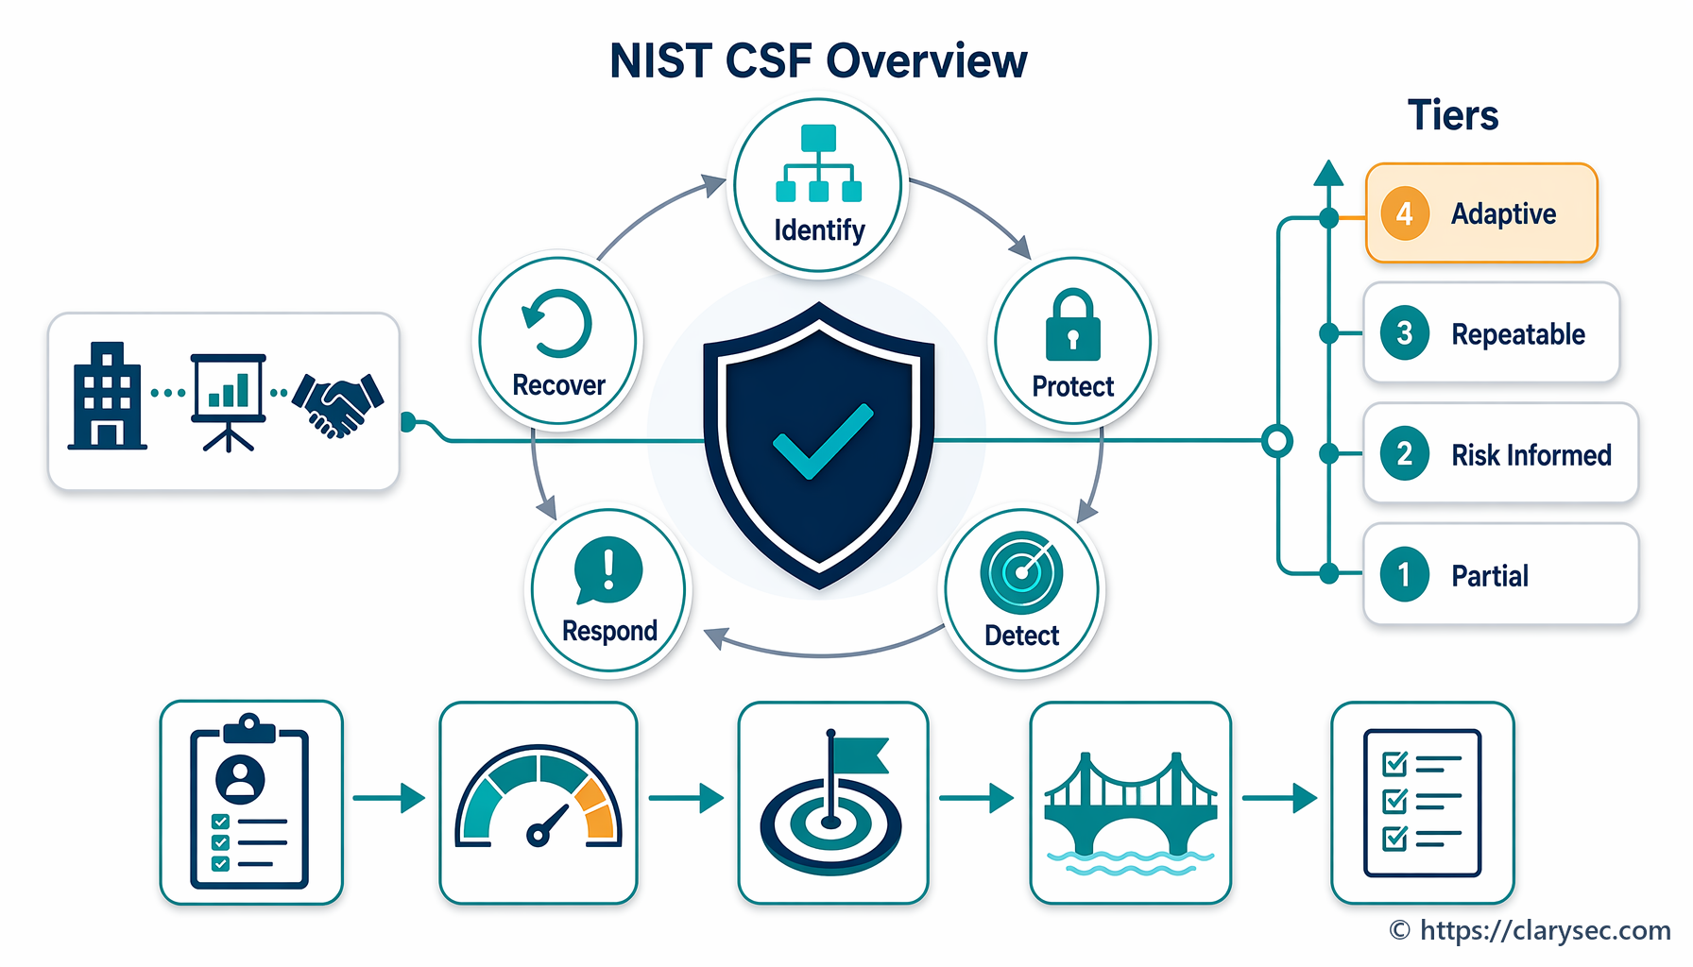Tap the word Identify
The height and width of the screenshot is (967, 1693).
[819, 230]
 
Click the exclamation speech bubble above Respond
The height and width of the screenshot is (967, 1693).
[607, 570]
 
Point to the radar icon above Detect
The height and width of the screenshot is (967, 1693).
[1021, 572]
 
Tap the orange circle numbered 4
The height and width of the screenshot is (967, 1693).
[1405, 213]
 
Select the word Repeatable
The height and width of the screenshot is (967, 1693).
[1518, 334]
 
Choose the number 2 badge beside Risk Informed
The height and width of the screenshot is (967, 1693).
[1405, 454]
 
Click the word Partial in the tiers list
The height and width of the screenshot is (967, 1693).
[1490, 576]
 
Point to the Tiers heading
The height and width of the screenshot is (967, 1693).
[1453, 115]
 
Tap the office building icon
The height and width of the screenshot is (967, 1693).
[107, 396]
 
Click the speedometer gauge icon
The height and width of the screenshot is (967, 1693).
[539, 796]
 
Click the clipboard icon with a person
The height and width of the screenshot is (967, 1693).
[250, 801]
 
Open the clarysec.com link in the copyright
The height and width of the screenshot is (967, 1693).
[1545, 931]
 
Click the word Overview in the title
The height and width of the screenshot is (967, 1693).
[926, 61]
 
